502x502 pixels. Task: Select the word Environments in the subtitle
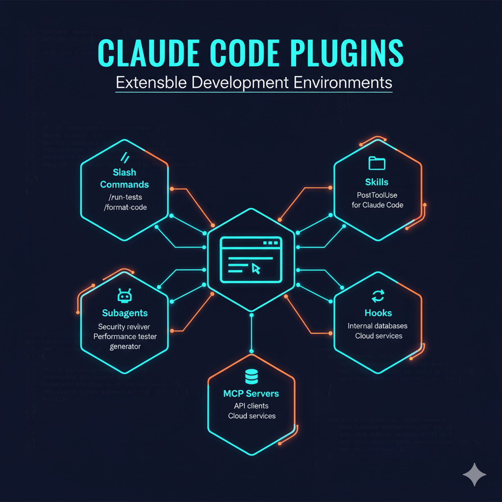click(x=343, y=82)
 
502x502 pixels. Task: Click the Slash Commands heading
click(x=125, y=178)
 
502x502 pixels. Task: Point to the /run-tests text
click(x=125, y=197)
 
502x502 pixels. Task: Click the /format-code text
click(x=125, y=207)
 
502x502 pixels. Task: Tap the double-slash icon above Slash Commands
click(x=125, y=157)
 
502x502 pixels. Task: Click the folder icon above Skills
click(x=377, y=163)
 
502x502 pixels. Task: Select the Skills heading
click(x=377, y=182)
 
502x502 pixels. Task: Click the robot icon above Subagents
click(x=125, y=296)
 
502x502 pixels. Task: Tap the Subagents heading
click(x=125, y=313)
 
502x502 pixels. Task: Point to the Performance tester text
click(x=125, y=336)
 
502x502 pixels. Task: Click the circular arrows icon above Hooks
click(x=378, y=296)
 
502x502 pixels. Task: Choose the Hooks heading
click(x=378, y=313)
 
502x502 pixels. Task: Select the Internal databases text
click(x=377, y=326)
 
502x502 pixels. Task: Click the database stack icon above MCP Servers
click(x=251, y=377)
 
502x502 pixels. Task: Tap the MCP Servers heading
click(x=251, y=394)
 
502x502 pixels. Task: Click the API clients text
click(x=251, y=406)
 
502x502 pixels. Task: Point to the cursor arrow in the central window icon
click(x=255, y=268)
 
